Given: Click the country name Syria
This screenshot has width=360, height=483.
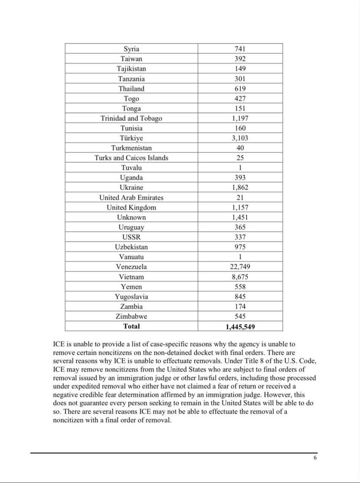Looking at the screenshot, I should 131,49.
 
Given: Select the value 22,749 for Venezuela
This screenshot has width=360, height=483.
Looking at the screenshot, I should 240,267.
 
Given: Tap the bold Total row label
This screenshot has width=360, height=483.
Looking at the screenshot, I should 131,326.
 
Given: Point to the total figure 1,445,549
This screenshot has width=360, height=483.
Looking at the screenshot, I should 240,327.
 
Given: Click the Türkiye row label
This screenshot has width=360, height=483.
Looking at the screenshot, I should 131,138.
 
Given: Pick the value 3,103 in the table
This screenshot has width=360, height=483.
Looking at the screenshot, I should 240,138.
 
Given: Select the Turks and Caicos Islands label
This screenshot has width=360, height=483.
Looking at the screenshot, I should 131,158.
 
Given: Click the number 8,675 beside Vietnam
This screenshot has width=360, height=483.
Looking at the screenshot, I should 240,277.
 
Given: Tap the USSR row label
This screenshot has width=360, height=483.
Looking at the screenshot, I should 131,237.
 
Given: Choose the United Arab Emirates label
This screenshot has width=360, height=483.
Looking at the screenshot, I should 131,198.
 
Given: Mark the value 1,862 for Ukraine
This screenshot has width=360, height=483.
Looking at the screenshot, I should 240,188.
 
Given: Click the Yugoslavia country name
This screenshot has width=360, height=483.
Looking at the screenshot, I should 131,297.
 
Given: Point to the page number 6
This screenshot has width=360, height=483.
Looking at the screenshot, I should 315,458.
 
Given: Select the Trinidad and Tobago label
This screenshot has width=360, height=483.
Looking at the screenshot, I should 131,118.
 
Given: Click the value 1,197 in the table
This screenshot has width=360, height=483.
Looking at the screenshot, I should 240,118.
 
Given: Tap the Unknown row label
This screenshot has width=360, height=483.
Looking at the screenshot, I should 131,217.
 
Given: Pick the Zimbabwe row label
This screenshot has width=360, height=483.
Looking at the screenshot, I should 131,316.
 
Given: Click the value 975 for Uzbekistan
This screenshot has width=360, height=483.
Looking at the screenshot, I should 240,247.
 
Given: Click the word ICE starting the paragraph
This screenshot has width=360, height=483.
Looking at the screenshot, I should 59,345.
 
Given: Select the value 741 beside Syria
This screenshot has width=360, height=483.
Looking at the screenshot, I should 240,49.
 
